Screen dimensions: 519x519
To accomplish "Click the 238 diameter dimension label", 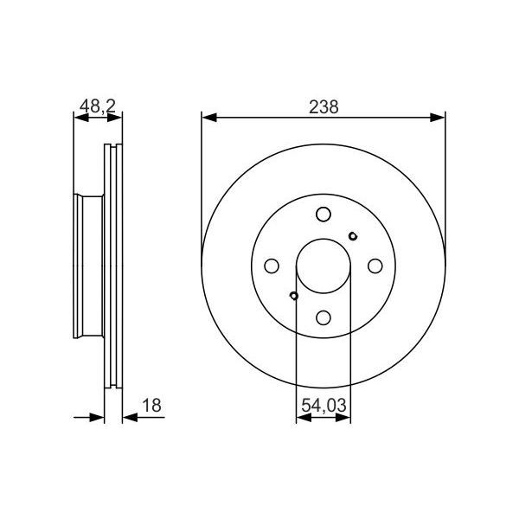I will [x=323, y=106].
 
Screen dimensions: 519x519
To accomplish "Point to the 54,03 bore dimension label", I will [x=324, y=403].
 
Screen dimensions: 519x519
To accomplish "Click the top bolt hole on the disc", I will [x=323, y=215].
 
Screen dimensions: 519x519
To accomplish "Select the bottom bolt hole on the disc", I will [x=323, y=317].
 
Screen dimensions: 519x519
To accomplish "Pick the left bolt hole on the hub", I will [x=272, y=266].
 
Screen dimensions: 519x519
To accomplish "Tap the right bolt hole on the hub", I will [x=375, y=266].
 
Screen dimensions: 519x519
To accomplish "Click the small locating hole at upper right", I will [x=352, y=236].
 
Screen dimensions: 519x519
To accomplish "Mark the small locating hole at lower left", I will [x=294, y=297].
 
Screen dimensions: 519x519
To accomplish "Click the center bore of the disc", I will [x=323, y=266].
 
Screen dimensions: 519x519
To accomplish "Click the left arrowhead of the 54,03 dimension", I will [x=302, y=418].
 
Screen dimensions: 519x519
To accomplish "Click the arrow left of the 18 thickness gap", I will [x=98, y=418].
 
